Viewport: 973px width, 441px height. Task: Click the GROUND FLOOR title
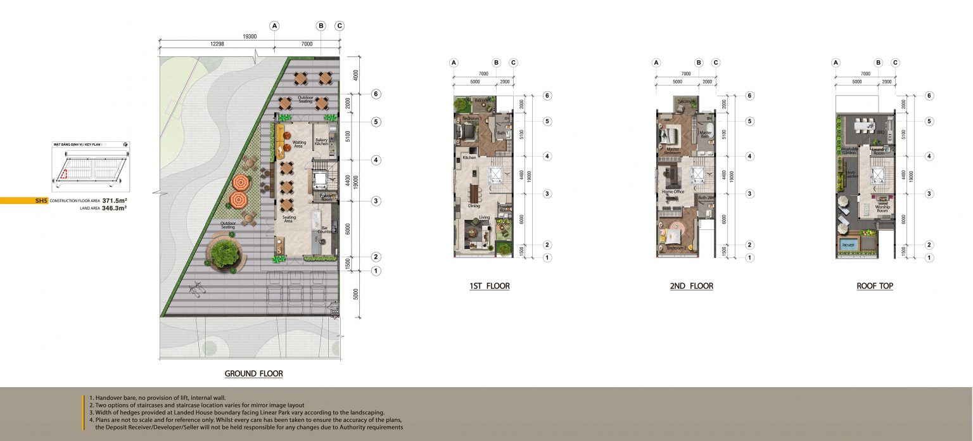coord(253,374)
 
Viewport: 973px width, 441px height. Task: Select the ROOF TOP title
coord(875,286)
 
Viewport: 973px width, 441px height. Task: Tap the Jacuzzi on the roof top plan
coord(849,244)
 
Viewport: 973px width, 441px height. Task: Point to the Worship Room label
coord(883,208)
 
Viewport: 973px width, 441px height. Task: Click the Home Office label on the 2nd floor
coord(673,192)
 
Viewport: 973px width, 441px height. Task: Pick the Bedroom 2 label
coord(676,248)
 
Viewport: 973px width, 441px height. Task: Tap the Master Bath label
coord(706,134)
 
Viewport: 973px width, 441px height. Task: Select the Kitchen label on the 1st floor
coord(469,158)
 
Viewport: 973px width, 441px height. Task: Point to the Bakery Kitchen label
coord(322,143)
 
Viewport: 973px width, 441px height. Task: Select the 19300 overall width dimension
coord(250,37)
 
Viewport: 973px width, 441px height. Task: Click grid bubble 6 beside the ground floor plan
coord(376,94)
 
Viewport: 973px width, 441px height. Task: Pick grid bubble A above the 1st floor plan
coord(454,63)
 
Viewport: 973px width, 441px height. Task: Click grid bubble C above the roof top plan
coord(895,63)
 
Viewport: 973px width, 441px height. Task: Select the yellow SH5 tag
coord(42,200)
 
